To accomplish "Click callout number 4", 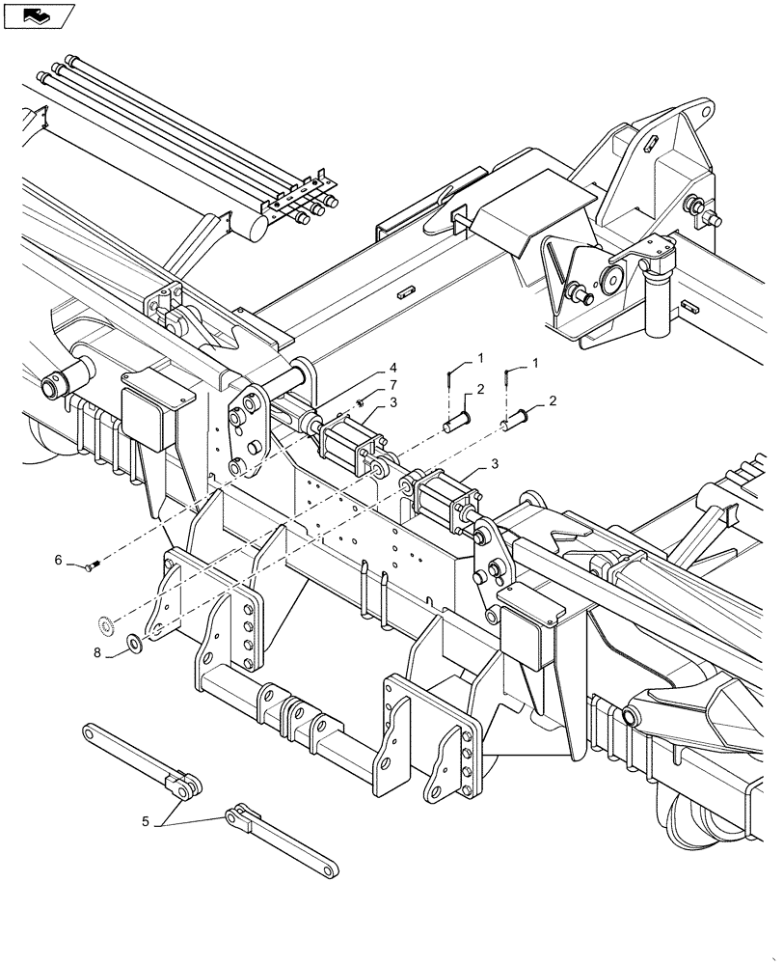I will pos(393,368).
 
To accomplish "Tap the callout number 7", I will pos(393,385).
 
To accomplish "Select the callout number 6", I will pos(58,560).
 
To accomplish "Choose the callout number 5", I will pos(147,823).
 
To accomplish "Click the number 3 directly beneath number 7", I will pos(393,401).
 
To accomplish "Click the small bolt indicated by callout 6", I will pos(93,564).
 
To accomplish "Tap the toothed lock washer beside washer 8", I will pos(108,625).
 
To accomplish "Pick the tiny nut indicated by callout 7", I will pos(360,402).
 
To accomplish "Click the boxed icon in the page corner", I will pos(39,14).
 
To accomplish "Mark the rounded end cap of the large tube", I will pos(254,229).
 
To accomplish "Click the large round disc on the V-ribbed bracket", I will pos(610,281).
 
